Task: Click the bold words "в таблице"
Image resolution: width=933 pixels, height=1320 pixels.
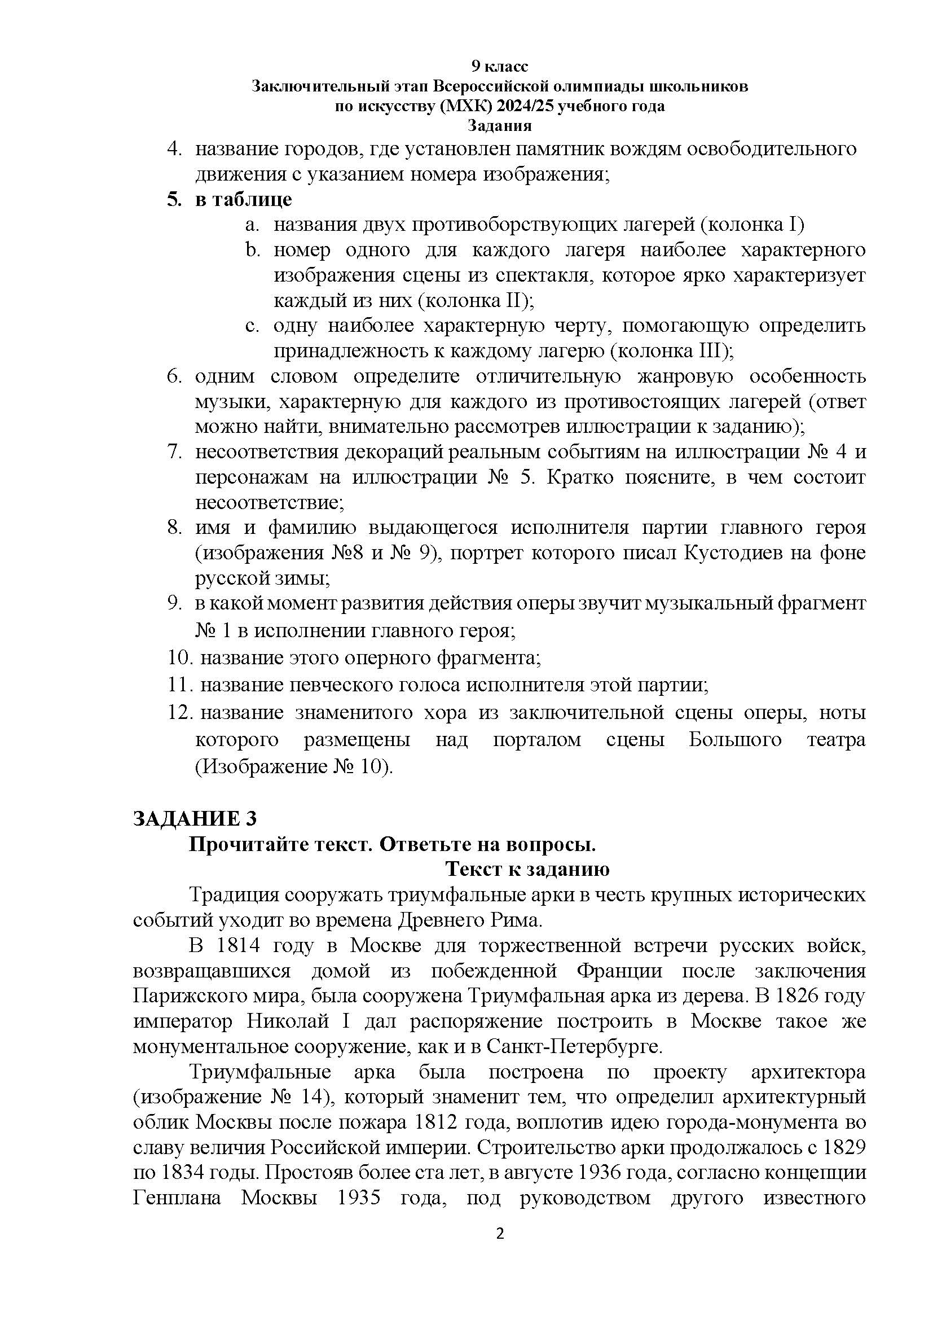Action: (244, 199)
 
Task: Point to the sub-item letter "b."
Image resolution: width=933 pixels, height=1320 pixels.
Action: (253, 250)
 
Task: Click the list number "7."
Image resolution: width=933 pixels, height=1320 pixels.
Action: (175, 452)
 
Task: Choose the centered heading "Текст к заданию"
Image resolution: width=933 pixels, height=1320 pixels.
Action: (527, 869)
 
